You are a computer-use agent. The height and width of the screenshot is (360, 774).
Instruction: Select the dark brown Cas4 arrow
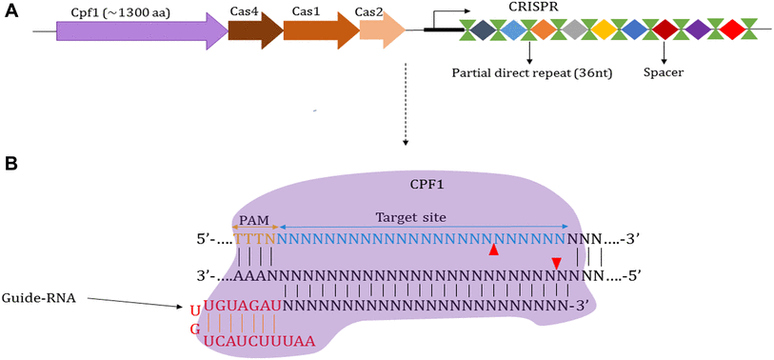pyautogui.click(x=254, y=30)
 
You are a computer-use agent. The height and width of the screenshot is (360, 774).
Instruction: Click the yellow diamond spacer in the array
pyautogui.click(x=605, y=30)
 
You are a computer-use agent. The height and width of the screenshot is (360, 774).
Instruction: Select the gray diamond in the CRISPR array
pyautogui.click(x=573, y=30)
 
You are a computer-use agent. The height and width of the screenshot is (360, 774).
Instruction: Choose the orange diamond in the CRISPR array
pyautogui.click(x=542, y=30)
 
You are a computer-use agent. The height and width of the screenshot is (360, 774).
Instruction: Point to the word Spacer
pyautogui.click(x=667, y=71)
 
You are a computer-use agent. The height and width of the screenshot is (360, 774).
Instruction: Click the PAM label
pyautogui.click(x=254, y=218)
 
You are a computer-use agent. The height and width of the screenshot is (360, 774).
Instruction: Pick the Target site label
pyautogui.click(x=410, y=217)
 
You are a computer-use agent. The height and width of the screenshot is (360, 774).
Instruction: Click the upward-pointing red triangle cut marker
pyautogui.click(x=493, y=250)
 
